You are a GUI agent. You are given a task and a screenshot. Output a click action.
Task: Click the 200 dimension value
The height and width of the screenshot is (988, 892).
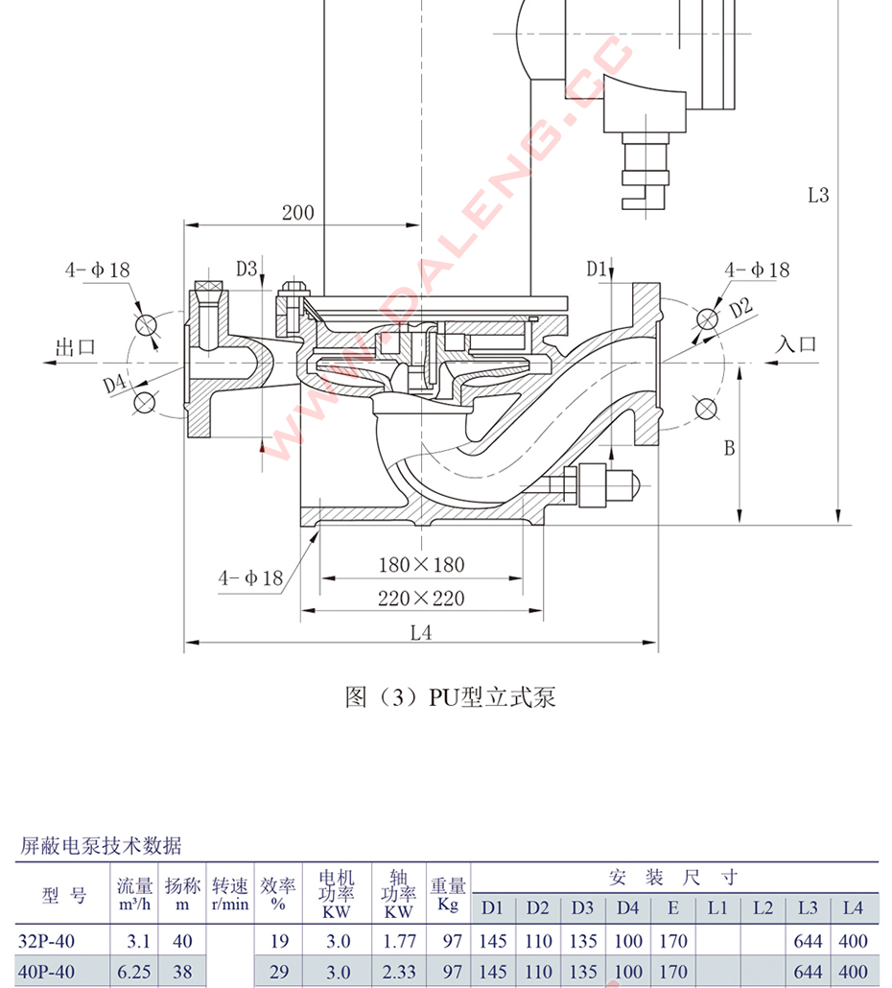point(297,212)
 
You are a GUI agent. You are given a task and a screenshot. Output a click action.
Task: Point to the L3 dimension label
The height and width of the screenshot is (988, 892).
point(817,195)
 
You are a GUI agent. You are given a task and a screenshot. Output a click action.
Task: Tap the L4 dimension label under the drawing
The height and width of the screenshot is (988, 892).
point(421,632)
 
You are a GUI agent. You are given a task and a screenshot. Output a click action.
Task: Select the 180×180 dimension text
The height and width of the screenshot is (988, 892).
point(421,565)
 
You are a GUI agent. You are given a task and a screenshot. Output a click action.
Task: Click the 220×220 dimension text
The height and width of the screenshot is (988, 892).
point(421,599)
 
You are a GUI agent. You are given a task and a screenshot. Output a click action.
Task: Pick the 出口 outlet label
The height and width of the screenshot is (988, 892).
point(77,346)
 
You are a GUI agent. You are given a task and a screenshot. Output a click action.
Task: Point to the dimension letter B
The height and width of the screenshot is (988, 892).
point(729,447)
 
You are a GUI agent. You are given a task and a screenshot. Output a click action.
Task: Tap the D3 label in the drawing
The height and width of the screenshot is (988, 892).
point(247,269)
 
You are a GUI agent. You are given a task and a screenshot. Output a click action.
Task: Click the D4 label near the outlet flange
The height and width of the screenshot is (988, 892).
point(115,384)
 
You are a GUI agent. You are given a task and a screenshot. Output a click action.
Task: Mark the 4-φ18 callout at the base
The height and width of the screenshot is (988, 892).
point(250,577)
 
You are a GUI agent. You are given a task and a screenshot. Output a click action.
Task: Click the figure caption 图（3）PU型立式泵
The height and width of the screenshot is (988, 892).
point(450,696)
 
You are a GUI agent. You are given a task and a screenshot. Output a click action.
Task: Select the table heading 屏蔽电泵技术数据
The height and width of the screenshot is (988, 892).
point(101,845)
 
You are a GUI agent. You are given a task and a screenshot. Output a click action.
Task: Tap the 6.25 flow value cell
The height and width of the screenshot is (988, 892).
point(134,972)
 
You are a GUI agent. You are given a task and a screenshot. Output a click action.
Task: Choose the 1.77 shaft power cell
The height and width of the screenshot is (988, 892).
point(399,942)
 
